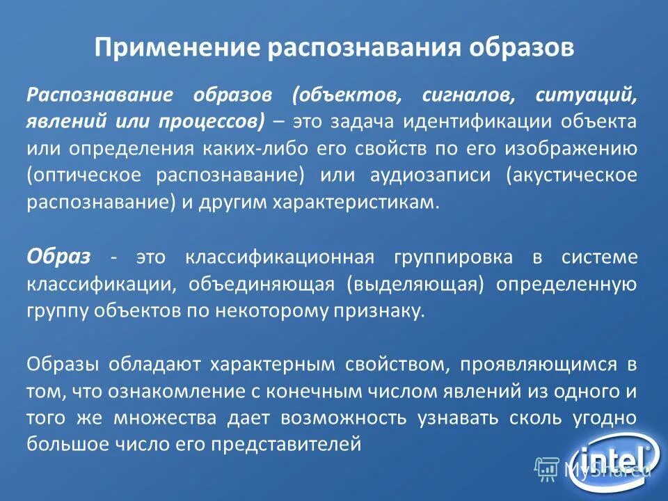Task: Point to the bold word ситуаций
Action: [x=587, y=95]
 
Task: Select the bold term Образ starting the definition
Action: [x=58, y=256]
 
